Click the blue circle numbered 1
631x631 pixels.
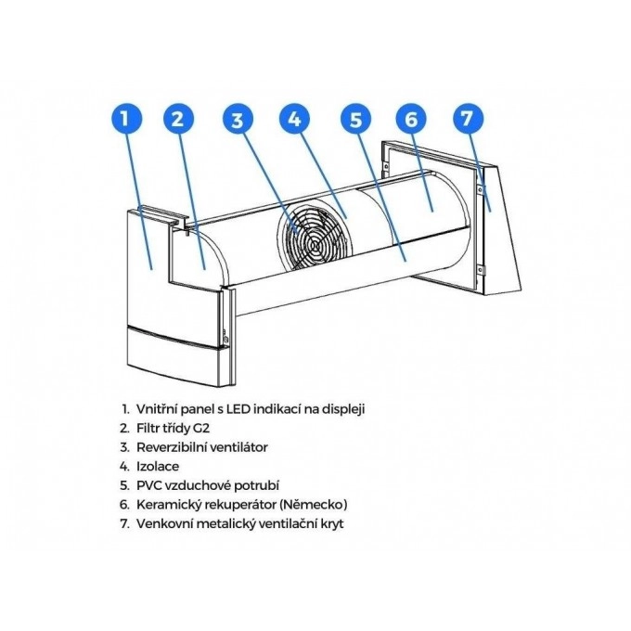[126, 119]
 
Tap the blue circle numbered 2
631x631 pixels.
[178, 119]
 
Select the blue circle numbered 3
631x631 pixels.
[238, 119]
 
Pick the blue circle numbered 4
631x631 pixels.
[295, 119]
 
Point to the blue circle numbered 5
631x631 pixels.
[355, 119]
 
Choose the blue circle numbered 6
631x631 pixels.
[411, 119]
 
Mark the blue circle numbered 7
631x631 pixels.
[467, 119]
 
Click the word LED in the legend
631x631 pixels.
[238, 409]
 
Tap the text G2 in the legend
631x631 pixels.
[201, 428]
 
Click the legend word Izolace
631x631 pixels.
[158, 467]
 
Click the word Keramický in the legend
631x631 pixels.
[169, 505]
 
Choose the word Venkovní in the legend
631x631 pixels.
[165, 523]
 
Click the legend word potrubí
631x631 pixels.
[257, 485]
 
